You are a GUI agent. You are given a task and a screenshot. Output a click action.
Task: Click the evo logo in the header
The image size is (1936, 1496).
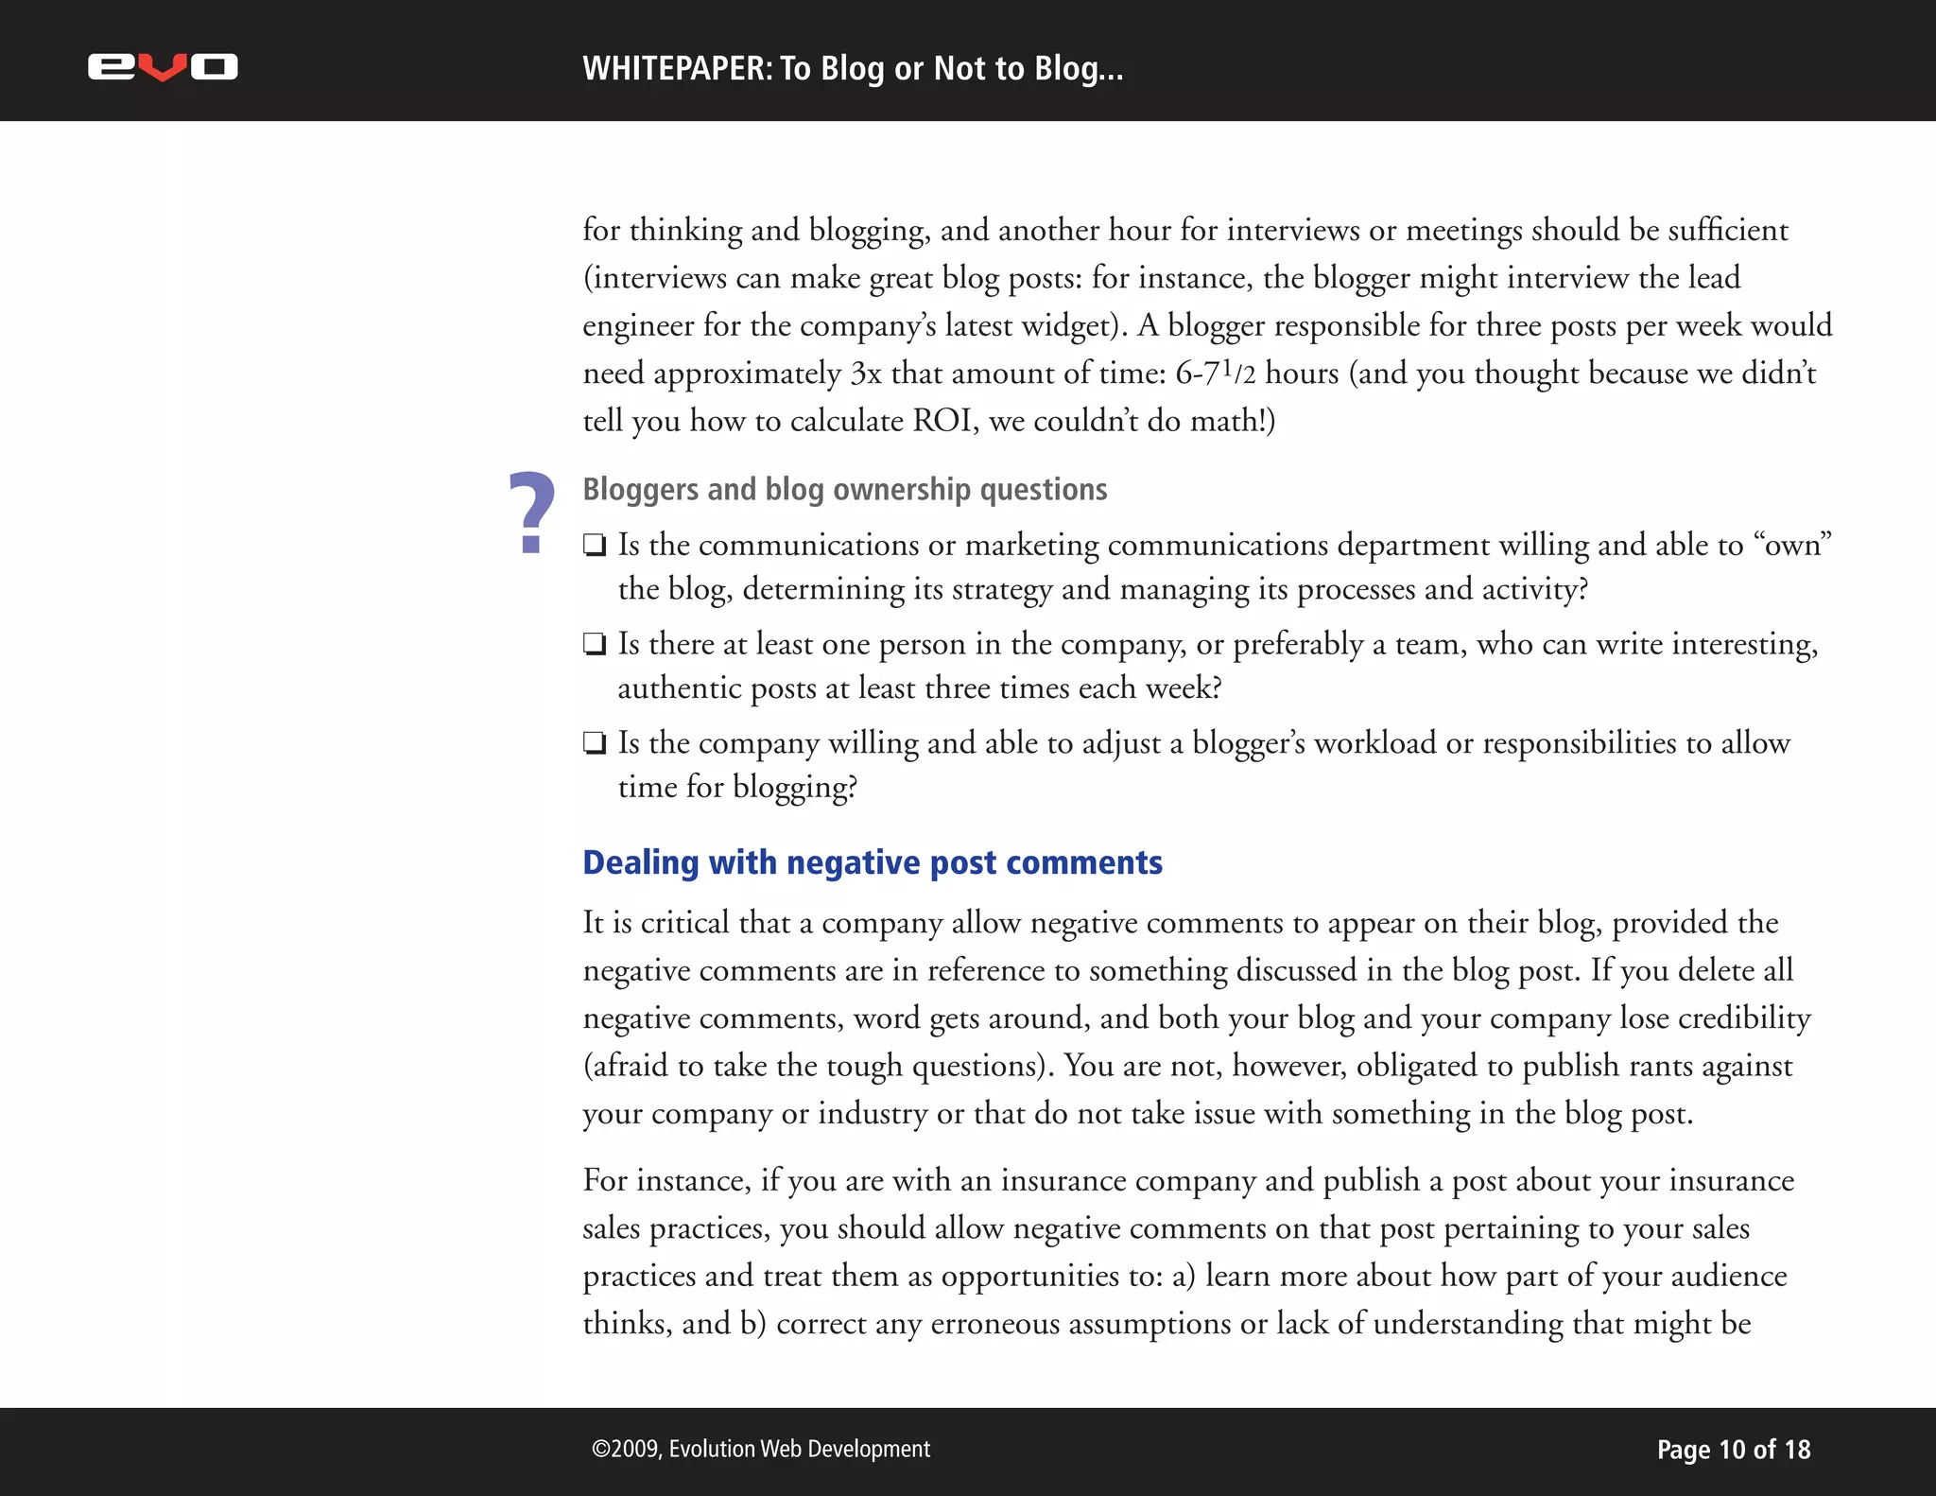click(163, 67)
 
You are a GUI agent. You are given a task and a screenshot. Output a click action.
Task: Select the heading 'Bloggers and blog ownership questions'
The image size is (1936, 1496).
click(844, 490)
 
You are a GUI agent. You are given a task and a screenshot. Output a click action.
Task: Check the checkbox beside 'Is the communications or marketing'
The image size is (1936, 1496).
click(595, 546)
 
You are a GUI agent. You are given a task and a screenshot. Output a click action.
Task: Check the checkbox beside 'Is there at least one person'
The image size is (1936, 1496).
click(595, 645)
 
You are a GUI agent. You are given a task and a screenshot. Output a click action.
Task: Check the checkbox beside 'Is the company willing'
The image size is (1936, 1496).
click(595, 744)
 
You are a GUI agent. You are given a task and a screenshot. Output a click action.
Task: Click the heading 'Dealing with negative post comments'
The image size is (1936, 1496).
click(872, 862)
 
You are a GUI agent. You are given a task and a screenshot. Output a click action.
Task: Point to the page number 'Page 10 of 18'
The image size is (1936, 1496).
click(1733, 1450)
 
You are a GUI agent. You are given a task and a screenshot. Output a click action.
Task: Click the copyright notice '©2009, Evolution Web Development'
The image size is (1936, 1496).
click(760, 1449)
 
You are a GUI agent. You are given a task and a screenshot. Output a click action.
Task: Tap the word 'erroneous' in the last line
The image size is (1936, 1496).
click(995, 1324)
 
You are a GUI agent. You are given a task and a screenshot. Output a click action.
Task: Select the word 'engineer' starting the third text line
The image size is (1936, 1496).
click(638, 326)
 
